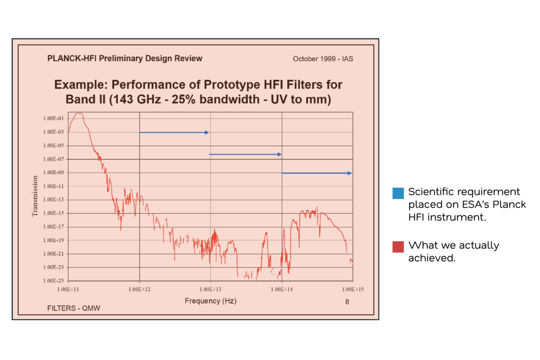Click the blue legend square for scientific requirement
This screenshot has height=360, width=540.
tap(398, 193)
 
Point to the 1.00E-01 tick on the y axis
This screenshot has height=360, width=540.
tap(57, 119)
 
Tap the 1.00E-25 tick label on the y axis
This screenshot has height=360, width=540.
tap(57, 281)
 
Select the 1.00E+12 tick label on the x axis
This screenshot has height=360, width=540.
tap(139, 288)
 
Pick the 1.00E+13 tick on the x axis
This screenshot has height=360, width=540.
tap(210, 288)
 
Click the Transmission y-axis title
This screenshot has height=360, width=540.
tap(35, 196)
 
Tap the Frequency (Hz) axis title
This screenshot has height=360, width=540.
tap(210, 301)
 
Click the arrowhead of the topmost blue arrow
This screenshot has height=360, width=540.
tap(207, 132)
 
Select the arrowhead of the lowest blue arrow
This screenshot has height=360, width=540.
tap(349, 173)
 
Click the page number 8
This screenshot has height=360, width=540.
tap(347, 302)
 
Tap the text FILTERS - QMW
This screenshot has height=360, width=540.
tap(74, 308)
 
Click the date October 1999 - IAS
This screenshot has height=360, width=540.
tap(323, 59)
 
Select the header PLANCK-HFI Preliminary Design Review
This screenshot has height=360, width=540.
tap(125, 59)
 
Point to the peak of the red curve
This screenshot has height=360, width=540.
tap(78, 114)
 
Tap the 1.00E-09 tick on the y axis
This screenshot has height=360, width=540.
tap(57, 173)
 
